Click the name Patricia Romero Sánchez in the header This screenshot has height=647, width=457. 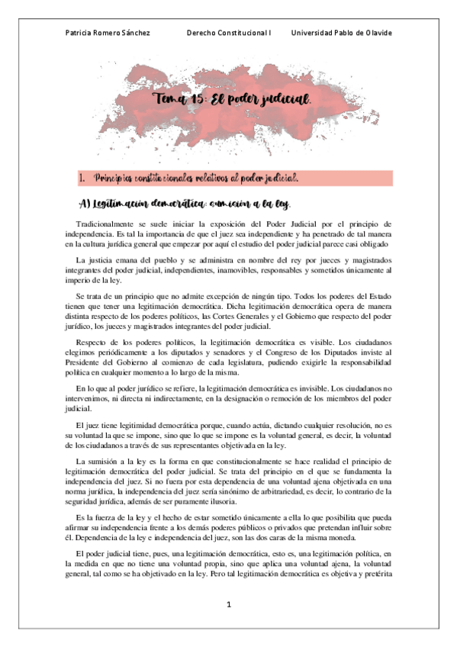point(105,34)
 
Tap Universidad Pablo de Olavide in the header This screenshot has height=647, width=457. point(342,34)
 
